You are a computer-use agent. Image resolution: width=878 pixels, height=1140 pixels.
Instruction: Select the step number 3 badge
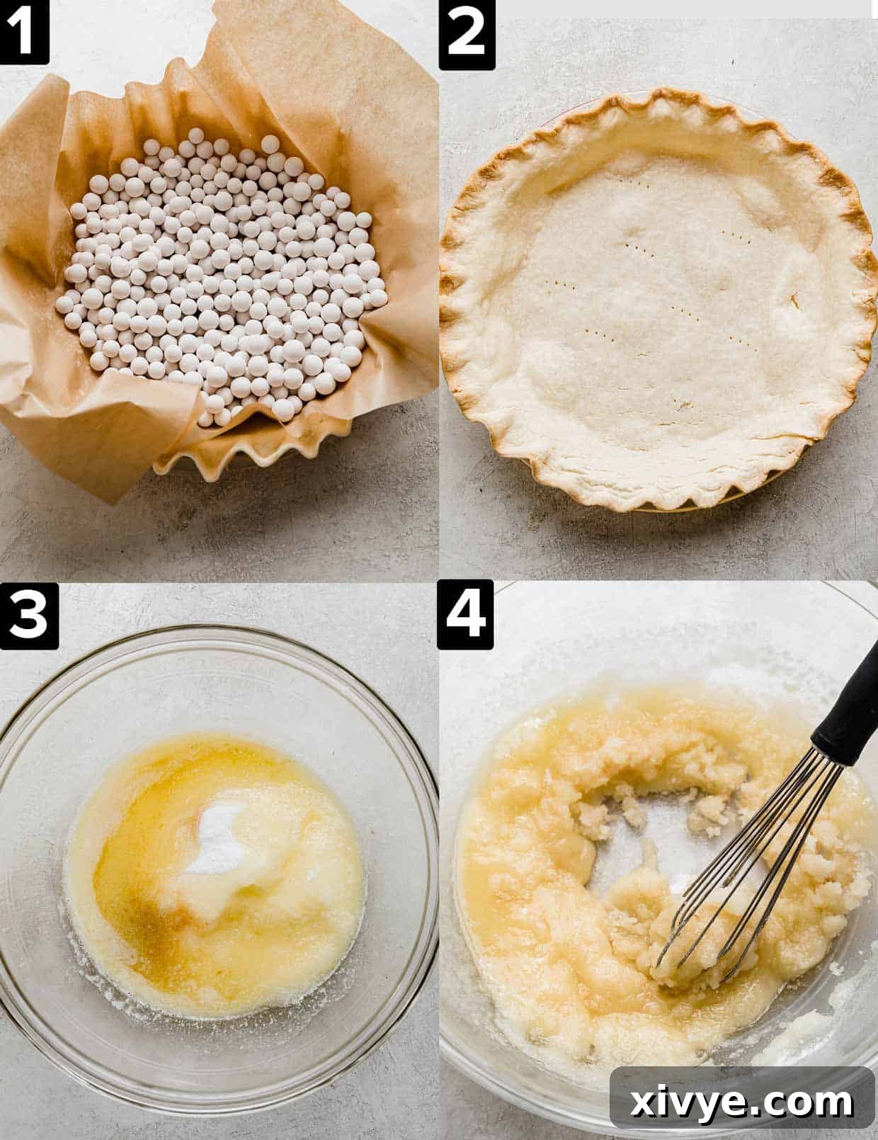pyautogui.click(x=28, y=616)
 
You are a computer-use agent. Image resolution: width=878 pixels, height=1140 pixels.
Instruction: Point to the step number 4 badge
pyautogui.click(x=465, y=614)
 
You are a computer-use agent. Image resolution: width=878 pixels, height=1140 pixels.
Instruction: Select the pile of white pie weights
pyautogui.click(x=223, y=276)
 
